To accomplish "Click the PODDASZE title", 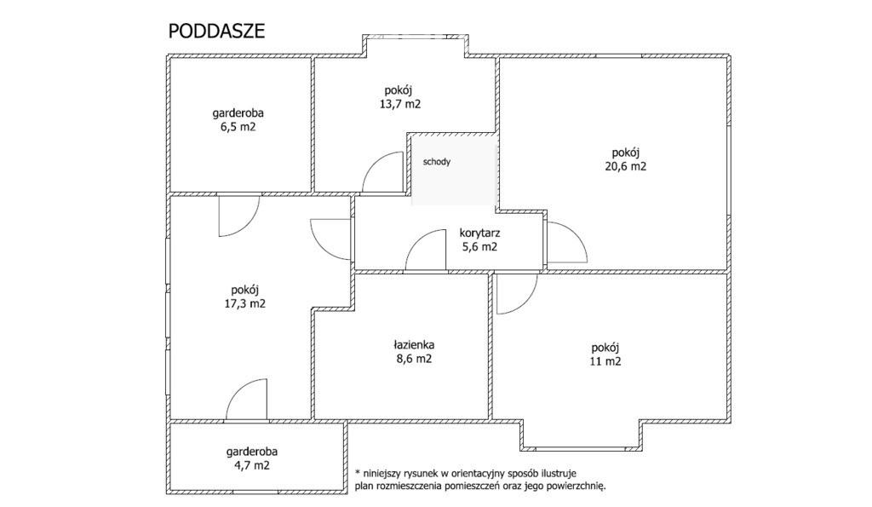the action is coord(216,32).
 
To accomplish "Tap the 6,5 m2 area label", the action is coord(238,127).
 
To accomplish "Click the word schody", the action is coord(437,162).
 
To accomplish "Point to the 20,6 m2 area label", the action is coord(626,166).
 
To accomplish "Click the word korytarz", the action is coord(479,233).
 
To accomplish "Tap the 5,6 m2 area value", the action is coord(480,246).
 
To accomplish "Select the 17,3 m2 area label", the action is coord(244,304).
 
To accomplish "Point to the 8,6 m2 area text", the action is coord(414,359).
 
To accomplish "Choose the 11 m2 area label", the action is coord(605,361).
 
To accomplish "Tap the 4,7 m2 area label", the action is coord(251,466).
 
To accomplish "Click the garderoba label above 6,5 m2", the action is coord(238,113).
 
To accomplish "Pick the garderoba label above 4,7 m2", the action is coord(252,452).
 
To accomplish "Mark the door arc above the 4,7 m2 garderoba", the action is coord(238,389).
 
